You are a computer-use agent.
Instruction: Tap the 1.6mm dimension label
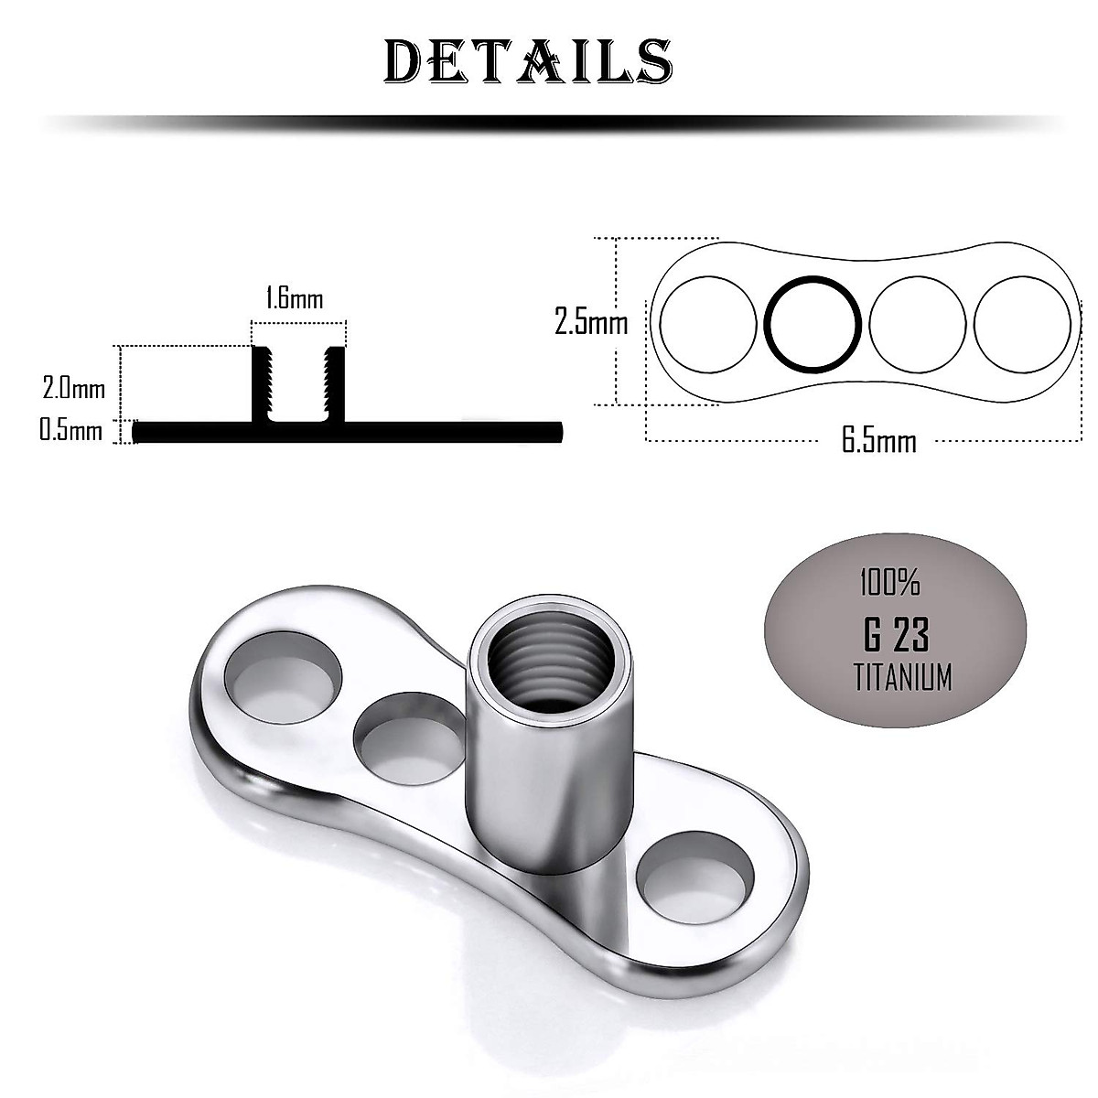[294, 298]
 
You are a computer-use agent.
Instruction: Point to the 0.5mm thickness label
[70, 430]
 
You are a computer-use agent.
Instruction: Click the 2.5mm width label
[590, 322]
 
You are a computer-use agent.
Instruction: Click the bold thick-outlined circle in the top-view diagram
[813, 322]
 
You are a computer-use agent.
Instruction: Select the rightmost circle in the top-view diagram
[1021, 322]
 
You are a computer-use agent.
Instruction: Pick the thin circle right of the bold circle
[917, 322]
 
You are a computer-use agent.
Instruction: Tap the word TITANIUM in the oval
[902, 678]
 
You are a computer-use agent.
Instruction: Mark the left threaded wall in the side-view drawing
[263, 384]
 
